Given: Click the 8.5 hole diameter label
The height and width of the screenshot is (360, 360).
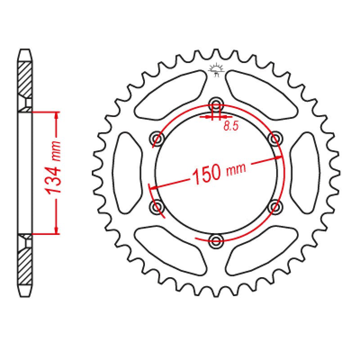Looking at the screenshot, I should [230, 126].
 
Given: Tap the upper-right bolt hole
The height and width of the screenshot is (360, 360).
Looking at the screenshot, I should [274, 138].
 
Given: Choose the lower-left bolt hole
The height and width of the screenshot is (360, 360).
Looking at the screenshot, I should [157, 207].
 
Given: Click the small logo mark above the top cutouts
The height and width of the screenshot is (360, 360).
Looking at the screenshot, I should [216, 70].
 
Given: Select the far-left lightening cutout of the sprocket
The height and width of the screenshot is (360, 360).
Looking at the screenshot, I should [127, 172].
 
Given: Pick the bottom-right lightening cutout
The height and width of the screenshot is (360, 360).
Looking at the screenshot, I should [261, 252].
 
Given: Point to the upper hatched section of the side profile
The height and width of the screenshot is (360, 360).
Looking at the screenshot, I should [26, 79].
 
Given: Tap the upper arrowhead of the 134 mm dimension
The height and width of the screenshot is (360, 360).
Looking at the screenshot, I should [56, 116].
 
